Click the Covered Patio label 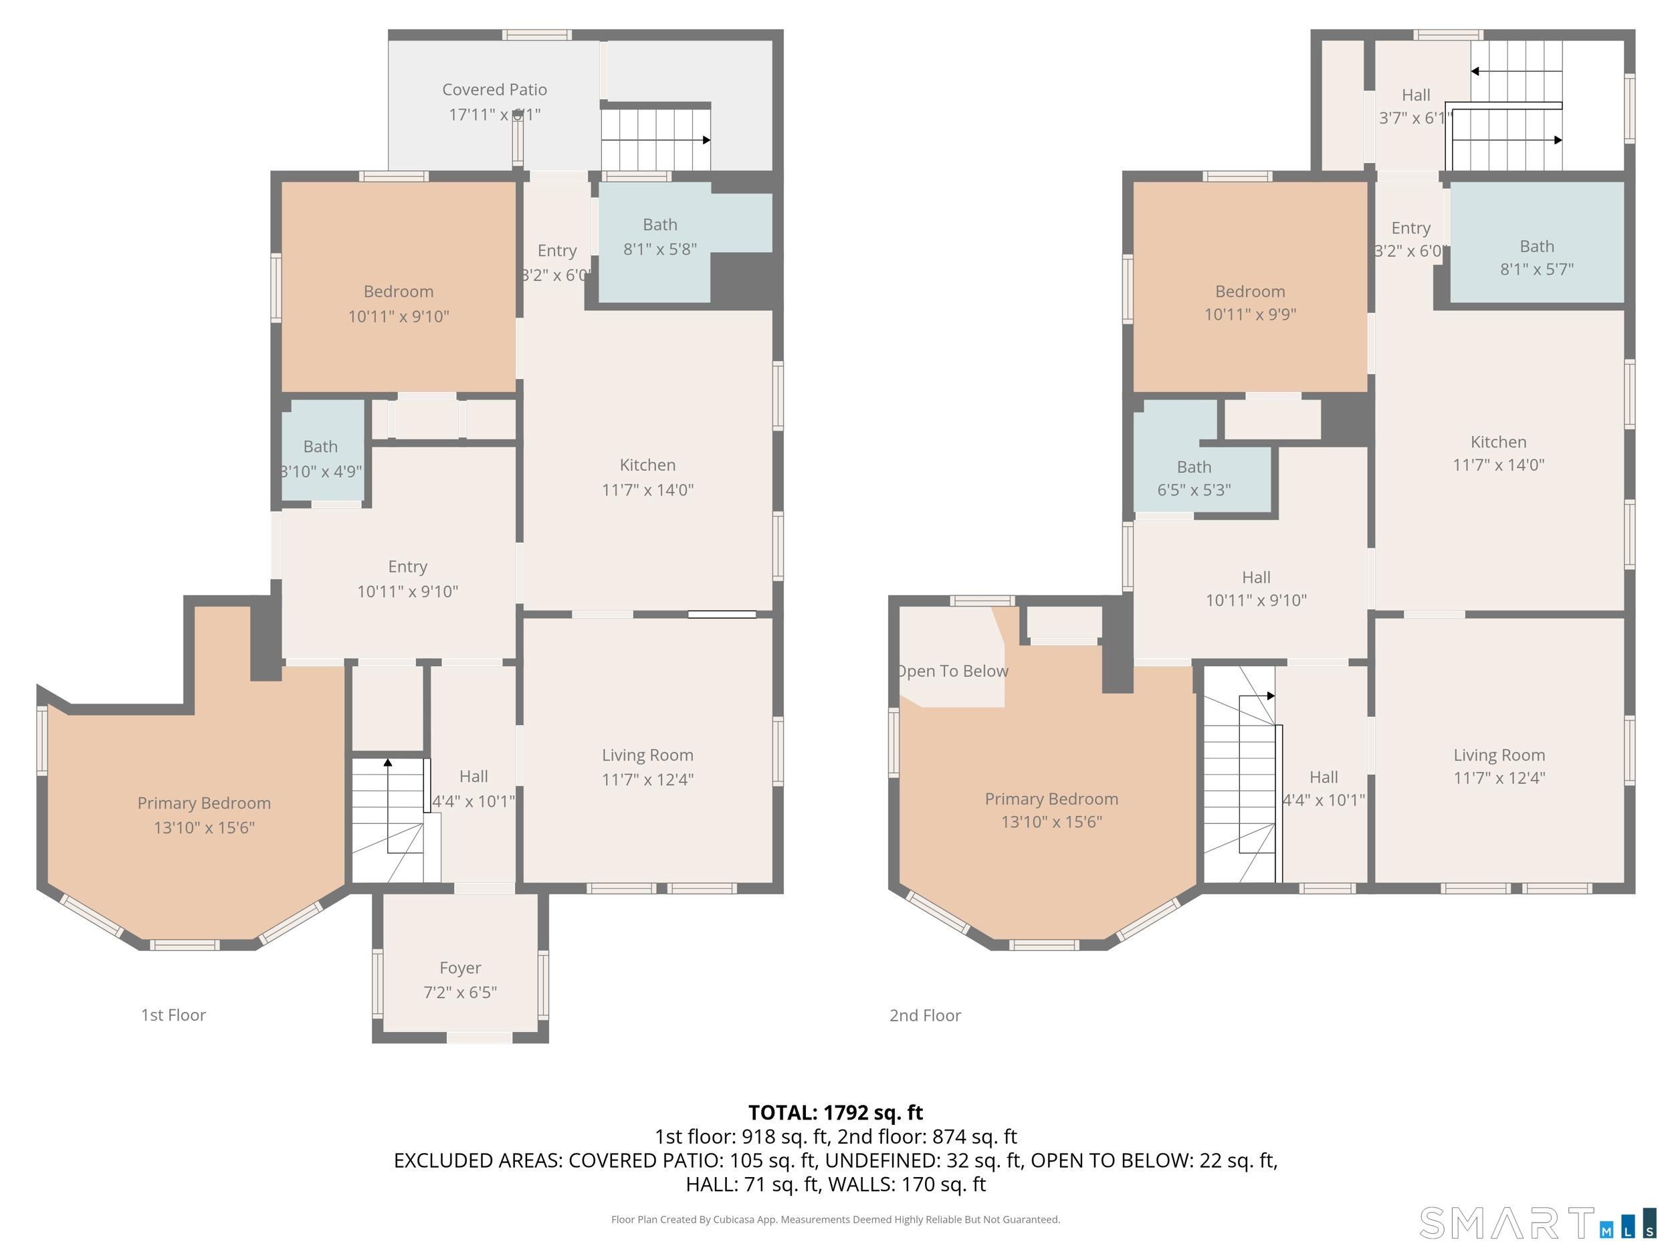[x=494, y=90]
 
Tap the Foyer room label [x=459, y=968]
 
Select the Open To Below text [x=953, y=671]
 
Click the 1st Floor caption [x=173, y=1015]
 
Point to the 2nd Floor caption [x=924, y=1015]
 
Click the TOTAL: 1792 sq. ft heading [x=835, y=1113]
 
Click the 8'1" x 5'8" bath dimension [x=660, y=249]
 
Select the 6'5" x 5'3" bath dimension [x=1194, y=490]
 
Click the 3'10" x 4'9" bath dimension [x=321, y=472]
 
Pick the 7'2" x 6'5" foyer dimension [x=459, y=992]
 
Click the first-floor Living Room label [x=647, y=755]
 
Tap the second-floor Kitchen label [x=1498, y=442]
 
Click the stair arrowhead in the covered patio [x=706, y=140]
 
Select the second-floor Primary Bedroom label [x=1051, y=799]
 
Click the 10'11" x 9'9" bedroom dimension [x=1249, y=314]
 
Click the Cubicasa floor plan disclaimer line [x=835, y=1219]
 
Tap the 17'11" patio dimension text [x=494, y=115]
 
